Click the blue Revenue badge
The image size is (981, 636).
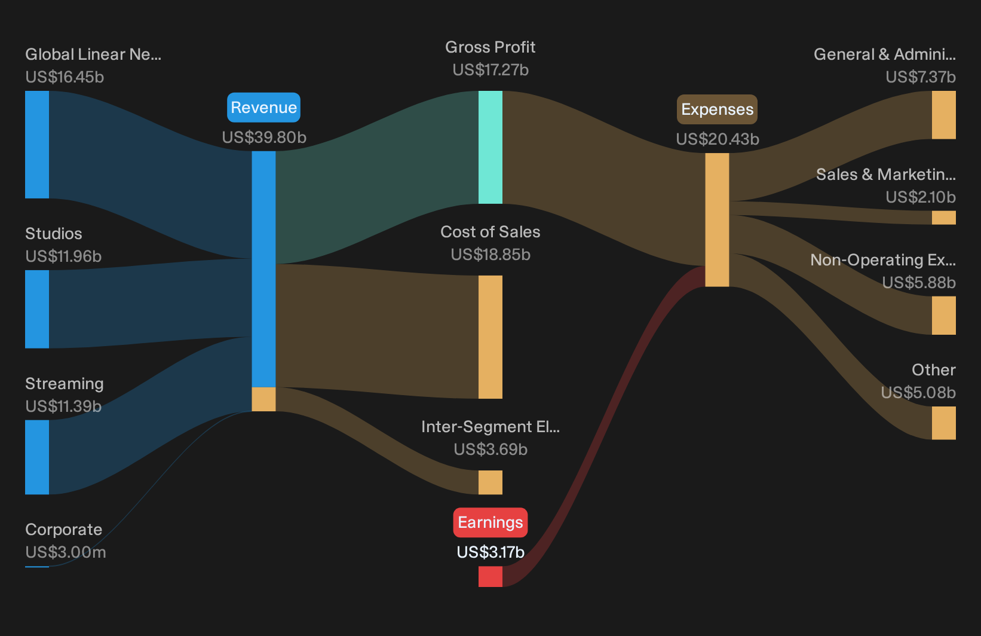263,108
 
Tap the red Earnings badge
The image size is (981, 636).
490,522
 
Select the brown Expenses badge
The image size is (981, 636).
717,109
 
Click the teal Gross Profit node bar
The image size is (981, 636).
490,147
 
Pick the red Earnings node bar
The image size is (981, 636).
490,576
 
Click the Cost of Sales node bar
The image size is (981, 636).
490,337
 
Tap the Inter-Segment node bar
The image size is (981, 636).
490,482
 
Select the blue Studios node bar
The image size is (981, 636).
37,310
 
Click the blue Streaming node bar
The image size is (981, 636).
37,457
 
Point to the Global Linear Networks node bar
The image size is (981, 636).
37,145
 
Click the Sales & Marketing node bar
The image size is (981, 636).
944,218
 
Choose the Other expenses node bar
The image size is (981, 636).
944,423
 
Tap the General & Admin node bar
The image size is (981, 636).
944,115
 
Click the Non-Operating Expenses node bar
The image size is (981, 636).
944,316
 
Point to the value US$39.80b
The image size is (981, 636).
264,137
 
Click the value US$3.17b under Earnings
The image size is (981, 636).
490,552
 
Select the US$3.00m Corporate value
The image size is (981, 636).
66,552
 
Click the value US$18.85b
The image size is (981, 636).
490,255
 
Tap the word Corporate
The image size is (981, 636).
63,530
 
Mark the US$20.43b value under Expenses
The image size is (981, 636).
718,139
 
